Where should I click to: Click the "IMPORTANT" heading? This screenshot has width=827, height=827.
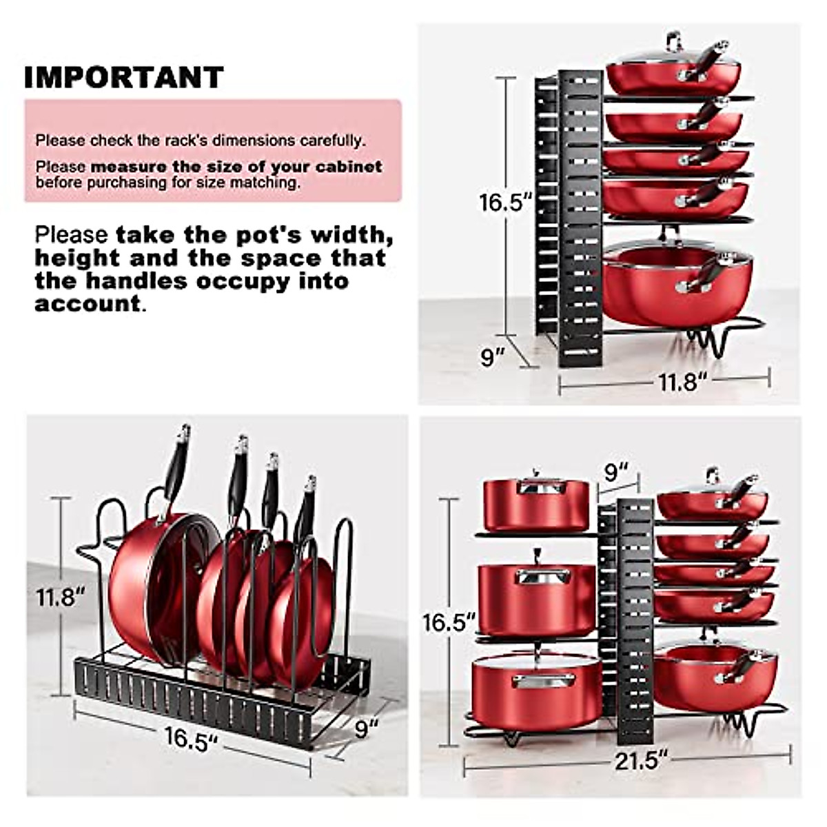124,77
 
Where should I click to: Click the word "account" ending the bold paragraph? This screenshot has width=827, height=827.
88,304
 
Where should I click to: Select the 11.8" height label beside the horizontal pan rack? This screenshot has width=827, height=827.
61,596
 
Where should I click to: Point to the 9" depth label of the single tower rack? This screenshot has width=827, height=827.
493,357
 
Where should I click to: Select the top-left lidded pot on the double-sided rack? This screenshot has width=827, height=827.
535,504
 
